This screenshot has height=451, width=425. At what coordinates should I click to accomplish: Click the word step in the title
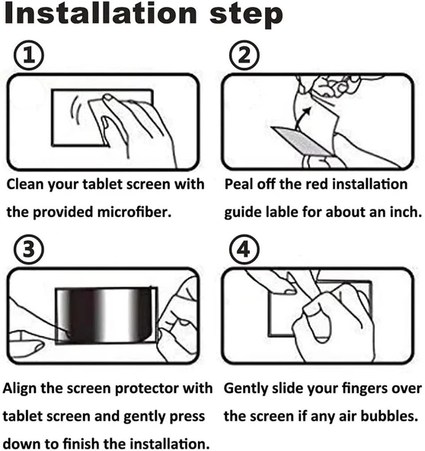pyautogui.click(x=246, y=15)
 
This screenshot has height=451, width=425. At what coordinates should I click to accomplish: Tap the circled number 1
pyautogui.click(x=29, y=55)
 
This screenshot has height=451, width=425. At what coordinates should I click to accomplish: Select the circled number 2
pyautogui.click(x=244, y=55)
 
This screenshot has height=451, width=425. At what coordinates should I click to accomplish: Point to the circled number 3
pyautogui.click(x=29, y=249)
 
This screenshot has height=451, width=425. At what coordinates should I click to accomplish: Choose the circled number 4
pyautogui.click(x=244, y=249)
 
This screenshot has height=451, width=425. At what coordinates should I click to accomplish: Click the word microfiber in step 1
pyautogui.click(x=134, y=212)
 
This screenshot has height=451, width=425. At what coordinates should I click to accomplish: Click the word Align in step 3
pyautogui.click(x=19, y=389)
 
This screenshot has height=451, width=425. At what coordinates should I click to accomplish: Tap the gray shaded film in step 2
pyautogui.click(x=302, y=141)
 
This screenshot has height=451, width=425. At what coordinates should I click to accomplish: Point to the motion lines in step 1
pyautogui.click(x=76, y=110)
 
